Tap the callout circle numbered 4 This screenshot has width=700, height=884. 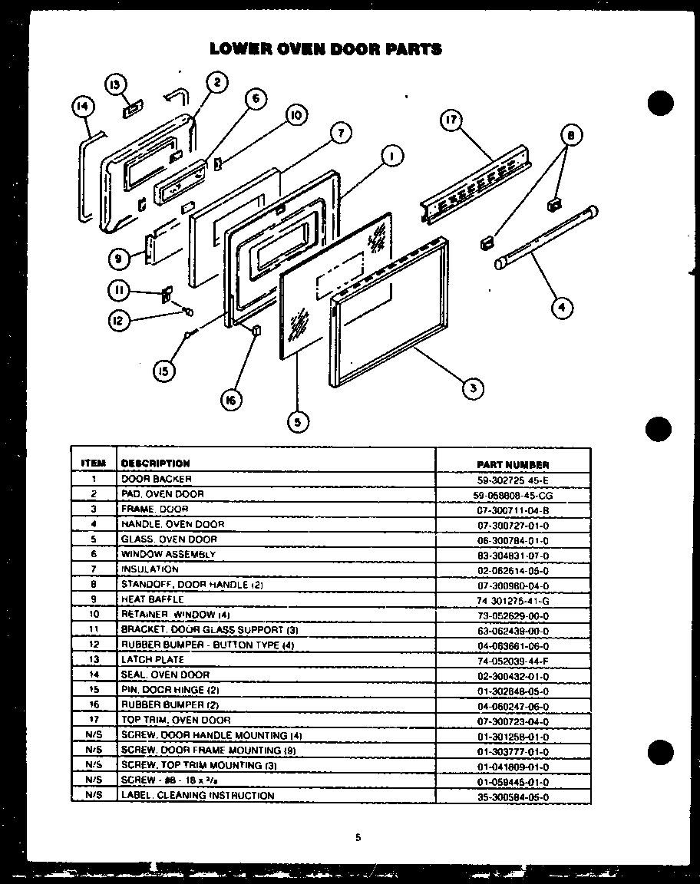pos(563,308)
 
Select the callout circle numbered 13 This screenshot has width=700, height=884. pos(115,84)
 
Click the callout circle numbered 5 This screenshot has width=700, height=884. pos(297,420)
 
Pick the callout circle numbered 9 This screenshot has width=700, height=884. pos(119,259)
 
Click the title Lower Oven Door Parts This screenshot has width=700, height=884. pos(326,49)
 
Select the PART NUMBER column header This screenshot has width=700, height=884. pos(513,464)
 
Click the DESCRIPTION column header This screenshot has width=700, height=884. pos(155,463)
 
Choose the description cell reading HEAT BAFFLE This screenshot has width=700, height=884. pos(152,599)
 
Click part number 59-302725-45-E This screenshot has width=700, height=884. pos(513,480)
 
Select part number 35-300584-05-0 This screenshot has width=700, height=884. pos(513,797)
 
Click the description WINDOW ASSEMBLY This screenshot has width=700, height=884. pos(167,554)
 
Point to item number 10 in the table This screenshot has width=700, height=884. pos(93,615)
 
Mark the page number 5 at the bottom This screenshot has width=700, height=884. pos(358,838)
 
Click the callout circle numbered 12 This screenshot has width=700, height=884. pos(117,322)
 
